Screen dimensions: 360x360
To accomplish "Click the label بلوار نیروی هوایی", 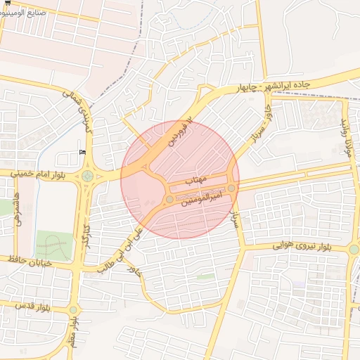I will coord(301,247).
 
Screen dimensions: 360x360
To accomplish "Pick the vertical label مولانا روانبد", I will coord(345,137).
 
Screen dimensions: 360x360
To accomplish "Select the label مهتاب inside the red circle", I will coord(195,181).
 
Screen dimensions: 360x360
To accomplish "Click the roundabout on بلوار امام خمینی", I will coord(87,176).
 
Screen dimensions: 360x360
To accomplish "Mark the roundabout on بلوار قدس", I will coord(73,309).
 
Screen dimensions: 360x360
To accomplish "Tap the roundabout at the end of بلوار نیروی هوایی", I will coord(354,249).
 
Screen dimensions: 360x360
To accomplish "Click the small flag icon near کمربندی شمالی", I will coord(83,152).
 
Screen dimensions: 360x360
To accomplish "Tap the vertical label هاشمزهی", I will coord(17,210).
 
